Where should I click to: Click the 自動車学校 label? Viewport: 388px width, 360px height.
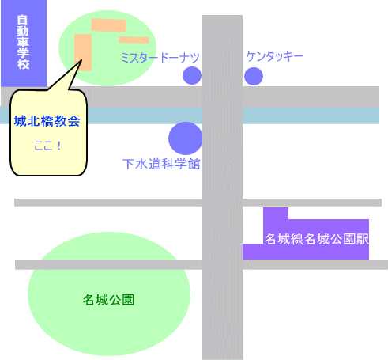pos(23,43)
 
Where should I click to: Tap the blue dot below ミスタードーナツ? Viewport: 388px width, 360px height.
pos(192,75)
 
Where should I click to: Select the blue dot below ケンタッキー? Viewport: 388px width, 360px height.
pos(254,76)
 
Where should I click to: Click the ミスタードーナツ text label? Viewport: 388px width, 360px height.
pos(160,58)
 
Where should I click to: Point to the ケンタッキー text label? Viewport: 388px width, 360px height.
pos(275,56)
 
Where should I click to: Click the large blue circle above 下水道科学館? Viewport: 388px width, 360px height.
pos(186,138)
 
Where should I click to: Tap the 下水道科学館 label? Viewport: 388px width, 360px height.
pos(161,164)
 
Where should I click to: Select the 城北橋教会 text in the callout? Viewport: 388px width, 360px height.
pos(47,121)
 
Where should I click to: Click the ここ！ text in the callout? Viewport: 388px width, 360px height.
pos(48,146)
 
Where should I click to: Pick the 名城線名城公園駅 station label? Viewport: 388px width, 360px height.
pos(316,239)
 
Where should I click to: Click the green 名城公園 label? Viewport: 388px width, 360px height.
pos(108,300)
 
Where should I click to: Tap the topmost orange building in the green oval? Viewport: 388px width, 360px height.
pos(108,25)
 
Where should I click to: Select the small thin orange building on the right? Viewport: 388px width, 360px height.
pos(134,40)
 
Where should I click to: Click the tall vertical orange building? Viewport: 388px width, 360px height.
pos(83,52)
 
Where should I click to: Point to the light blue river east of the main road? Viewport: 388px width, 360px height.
pos(311,116)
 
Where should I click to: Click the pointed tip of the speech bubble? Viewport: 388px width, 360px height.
pos(81,60)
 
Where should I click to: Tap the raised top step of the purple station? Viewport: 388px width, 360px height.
pos(276,214)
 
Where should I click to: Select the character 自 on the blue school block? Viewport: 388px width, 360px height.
pos(23,21)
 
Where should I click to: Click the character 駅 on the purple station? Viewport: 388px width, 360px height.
pos(363,239)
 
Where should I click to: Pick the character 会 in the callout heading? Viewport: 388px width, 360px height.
pos(73,121)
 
